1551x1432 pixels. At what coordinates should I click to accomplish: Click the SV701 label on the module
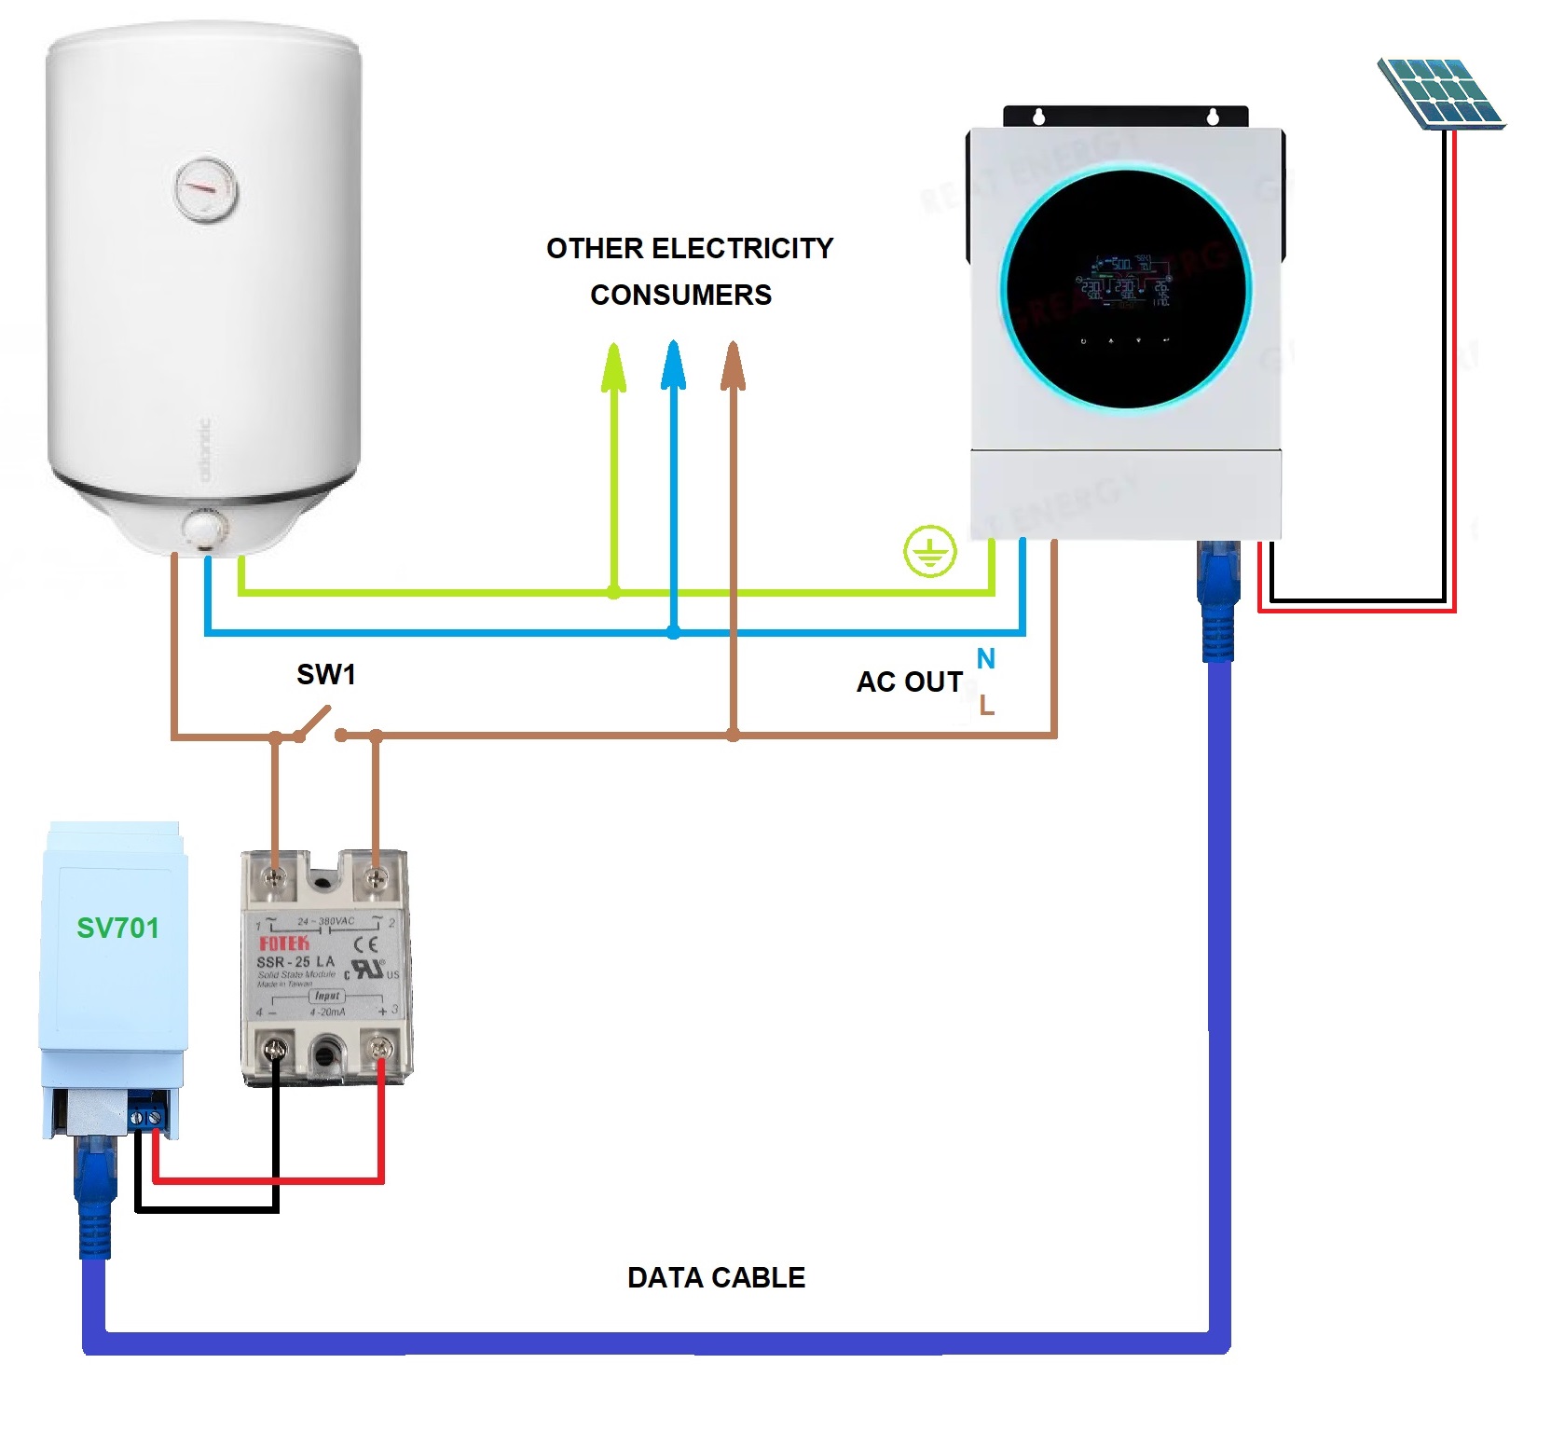pos(117,928)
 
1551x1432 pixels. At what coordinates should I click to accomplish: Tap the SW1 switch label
pos(325,674)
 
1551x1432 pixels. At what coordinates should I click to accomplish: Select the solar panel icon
pos(1440,92)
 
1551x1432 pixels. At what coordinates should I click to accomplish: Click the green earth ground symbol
pos(929,551)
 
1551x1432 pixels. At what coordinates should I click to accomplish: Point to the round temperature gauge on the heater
pos(205,190)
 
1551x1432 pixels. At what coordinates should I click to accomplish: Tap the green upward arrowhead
pos(613,367)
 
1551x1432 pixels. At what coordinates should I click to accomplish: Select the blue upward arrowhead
pos(673,365)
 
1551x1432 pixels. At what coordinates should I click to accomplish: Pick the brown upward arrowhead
pos(734,365)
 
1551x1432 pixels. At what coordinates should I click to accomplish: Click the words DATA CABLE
pos(716,1277)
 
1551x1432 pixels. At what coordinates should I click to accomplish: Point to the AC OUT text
pos(909,682)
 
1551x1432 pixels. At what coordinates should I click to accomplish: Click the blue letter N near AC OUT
pos(985,658)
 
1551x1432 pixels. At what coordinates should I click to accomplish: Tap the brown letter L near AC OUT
pos(986,706)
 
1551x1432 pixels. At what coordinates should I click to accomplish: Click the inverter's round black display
pos(1126,289)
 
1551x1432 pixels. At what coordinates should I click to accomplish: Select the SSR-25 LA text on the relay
pos(295,961)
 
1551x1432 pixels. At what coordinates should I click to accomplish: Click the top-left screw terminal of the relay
pos(275,876)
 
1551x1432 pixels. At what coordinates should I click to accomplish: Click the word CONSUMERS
pos(680,295)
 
